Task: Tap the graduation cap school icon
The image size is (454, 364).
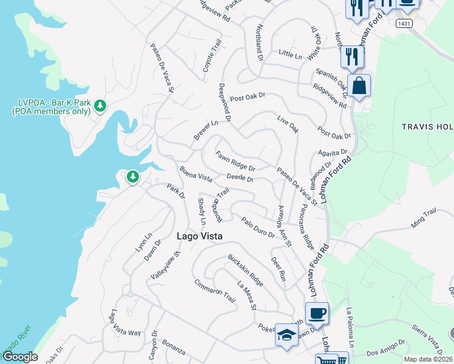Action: click(286, 334)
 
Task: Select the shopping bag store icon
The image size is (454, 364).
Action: click(359, 86)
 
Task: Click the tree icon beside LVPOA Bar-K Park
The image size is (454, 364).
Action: click(100, 107)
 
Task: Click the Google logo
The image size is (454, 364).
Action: click(19, 357)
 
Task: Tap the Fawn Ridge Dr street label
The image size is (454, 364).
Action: click(235, 160)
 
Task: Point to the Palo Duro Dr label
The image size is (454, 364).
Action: click(257, 227)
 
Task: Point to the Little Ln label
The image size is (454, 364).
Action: click(290, 55)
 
